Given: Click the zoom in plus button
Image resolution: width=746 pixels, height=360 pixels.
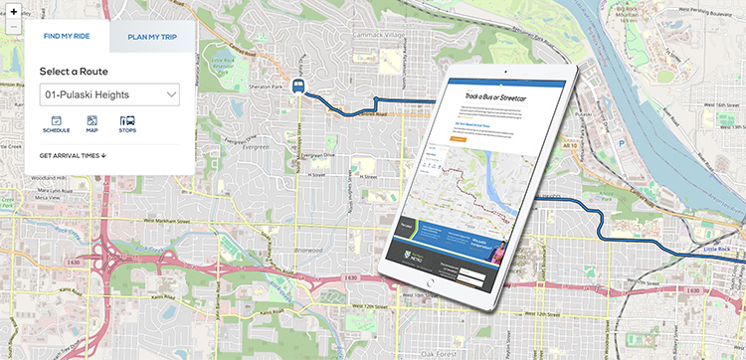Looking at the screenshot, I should (x=13, y=11).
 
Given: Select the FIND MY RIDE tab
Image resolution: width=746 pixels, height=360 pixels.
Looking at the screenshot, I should (x=67, y=38).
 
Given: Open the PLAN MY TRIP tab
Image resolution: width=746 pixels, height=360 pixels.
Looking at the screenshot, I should (x=151, y=38).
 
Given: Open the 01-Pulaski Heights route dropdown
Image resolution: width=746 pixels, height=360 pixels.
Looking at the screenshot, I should (x=109, y=95).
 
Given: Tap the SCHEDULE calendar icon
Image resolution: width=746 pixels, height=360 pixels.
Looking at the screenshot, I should (x=56, y=123).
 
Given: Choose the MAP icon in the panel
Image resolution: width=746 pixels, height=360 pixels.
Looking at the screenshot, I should (x=92, y=123).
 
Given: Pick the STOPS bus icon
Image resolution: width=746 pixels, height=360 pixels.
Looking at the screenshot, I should (x=127, y=123).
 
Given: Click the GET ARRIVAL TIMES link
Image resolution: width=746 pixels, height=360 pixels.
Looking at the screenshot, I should (x=73, y=155).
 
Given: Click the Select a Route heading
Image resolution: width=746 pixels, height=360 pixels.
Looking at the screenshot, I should (x=74, y=72).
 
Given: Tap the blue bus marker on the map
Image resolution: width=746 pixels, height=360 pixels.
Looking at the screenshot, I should (x=299, y=85).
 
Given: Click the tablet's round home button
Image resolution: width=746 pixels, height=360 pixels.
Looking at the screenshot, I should (x=431, y=283).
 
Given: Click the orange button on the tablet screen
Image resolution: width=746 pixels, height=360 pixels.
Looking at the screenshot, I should (x=458, y=139).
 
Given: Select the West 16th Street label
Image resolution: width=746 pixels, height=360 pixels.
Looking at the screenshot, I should (x=708, y=104).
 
